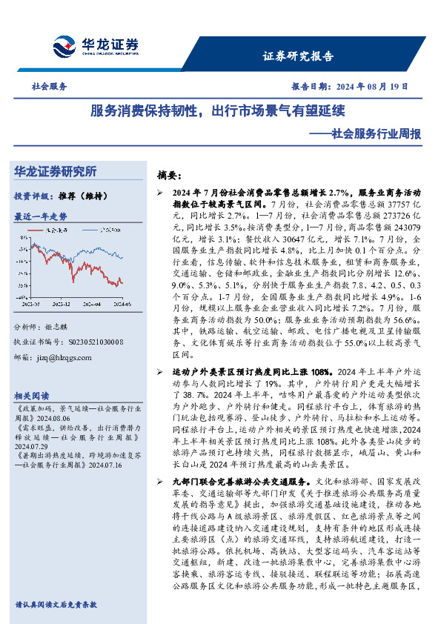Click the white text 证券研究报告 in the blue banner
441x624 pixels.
pos(299,56)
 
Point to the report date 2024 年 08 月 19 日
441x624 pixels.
pos(372,87)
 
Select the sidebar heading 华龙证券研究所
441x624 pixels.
pos(56,172)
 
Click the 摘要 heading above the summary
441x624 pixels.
pos(169,176)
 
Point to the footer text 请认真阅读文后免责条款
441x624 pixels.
pos(56,605)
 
